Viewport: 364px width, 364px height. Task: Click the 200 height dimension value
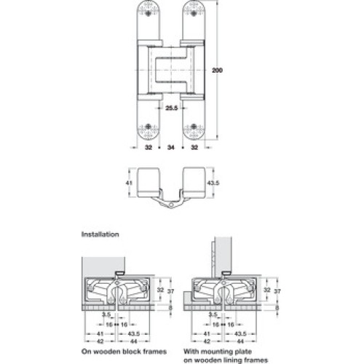[x=217, y=71]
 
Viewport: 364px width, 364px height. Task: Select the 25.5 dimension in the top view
[x=172, y=108]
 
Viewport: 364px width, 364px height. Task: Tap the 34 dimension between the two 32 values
[x=171, y=147]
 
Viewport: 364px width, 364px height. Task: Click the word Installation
[x=100, y=234]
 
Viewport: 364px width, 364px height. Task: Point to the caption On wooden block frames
[x=124, y=352]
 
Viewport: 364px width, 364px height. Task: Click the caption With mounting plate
[x=218, y=352]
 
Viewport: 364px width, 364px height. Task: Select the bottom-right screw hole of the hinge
[x=194, y=127]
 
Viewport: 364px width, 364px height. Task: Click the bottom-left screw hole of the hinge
[x=149, y=127]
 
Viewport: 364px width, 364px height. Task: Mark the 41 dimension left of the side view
[x=129, y=183]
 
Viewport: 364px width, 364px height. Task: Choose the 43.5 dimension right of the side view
[x=213, y=183]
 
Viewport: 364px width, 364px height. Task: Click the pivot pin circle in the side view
[x=171, y=205]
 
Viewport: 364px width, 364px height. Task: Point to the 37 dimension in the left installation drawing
[x=171, y=290]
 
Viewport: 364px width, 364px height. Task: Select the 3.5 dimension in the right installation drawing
[x=213, y=314]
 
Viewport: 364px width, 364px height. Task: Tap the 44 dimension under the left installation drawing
[x=134, y=341]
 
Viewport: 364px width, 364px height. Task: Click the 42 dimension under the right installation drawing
[x=206, y=341]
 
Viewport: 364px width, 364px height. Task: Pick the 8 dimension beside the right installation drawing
[x=277, y=308]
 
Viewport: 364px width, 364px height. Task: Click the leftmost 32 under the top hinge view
[x=149, y=147]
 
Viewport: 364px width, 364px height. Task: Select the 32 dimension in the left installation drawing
[x=160, y=290]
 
